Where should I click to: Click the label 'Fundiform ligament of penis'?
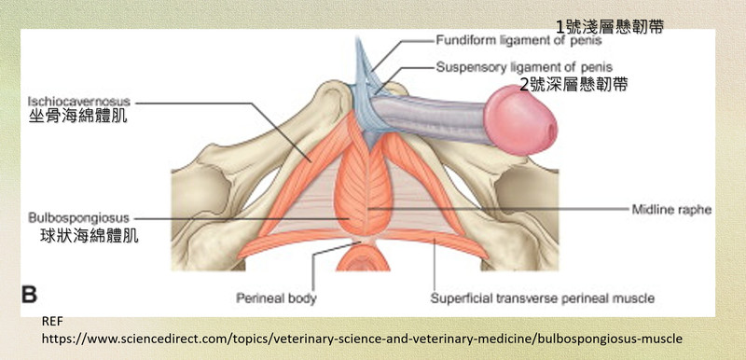(x=518, y=40)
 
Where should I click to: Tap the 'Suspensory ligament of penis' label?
(x=524, y=67)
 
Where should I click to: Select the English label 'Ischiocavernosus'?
(x=78, y=102)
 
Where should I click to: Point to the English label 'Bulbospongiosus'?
(x=78, y=218)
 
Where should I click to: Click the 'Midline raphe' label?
(x=671, y=209)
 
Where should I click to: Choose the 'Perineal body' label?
(x=276, y=298)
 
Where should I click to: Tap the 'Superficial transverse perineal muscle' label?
(x=543, y=298)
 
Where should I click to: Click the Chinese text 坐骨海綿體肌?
(x=78, y=117)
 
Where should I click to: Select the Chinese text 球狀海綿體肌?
(x=90, y=235)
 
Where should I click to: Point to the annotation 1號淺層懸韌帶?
(x=610, y=27)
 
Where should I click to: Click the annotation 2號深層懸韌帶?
(x=573, y=85)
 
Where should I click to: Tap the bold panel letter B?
(x=29, y=295)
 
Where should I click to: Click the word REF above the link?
(x=52, y=322)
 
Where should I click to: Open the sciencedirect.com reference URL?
(x=363, y=339)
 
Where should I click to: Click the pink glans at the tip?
(x=520, y=119)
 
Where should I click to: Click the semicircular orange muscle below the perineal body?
(x=364, y=258)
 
